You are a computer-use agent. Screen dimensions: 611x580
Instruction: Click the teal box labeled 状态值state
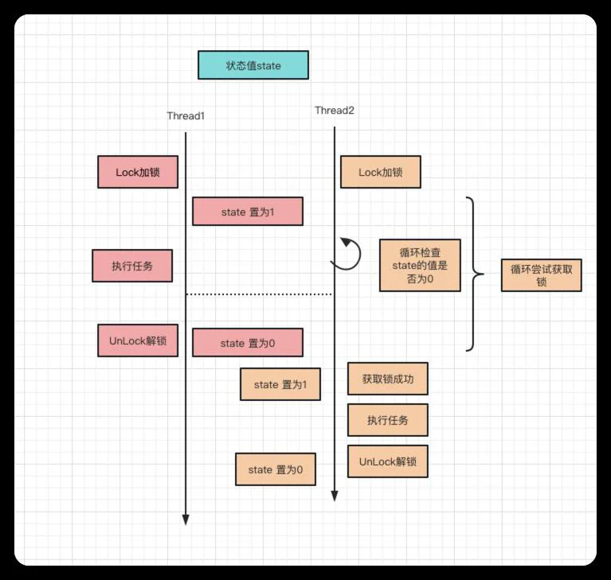[x=253, y=65]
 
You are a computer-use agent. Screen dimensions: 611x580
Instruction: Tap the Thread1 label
[x=186, y=116]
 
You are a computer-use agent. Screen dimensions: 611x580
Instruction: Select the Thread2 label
[x=335, y=111]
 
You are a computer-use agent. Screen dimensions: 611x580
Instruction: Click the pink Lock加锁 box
[x=138, y=172]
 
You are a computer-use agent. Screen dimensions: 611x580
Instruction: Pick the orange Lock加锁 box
[x=381, y=172]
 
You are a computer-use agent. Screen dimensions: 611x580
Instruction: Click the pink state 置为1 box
[x=248, y=212]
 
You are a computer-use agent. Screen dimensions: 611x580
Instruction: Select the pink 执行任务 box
[x=132, y=266]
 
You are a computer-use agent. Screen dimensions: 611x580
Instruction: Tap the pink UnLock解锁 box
[x=138, y=341]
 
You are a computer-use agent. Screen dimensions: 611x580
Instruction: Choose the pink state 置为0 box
[x=248, y=343]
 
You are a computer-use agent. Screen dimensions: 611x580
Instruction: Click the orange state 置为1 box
[x=280, y=384]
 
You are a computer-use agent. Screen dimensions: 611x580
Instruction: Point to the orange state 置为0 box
[x=276, y=469]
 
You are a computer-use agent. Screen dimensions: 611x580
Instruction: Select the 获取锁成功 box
[x=388, y=379]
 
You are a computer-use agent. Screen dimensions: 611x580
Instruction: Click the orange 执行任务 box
[x=388, y=420]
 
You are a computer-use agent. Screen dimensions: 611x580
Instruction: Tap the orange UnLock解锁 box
[x=388, y=461]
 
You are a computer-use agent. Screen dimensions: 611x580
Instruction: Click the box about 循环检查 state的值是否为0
[x=420, y=266]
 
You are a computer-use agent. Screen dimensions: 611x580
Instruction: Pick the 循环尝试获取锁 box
[x=542, y=275]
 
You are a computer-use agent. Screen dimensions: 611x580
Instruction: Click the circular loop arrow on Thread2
[x=359, y=253]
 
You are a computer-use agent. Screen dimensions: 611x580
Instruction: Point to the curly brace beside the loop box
[x=474, y=274]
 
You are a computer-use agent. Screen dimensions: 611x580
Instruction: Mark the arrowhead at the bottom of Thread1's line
[x=186, y=520]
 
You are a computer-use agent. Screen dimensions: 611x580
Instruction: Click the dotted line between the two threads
[x=259, y=294]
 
